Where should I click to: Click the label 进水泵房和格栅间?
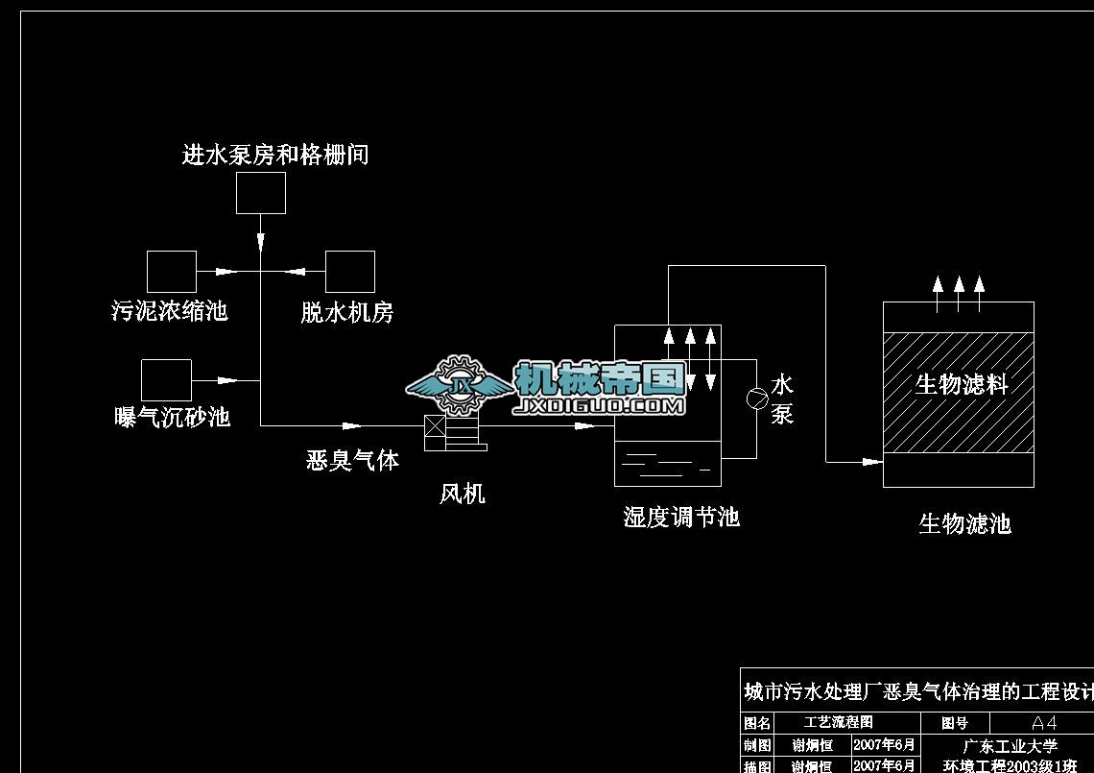275,155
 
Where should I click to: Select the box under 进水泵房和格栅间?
261,193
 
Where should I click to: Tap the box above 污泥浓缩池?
172,272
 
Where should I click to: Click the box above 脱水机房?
349,272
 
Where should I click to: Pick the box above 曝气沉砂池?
166,379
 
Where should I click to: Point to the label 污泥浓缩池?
170,311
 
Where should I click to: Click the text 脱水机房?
346,312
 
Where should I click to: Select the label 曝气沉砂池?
172,417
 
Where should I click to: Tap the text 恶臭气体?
352,460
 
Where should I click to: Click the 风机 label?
462,495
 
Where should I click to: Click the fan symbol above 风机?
453,431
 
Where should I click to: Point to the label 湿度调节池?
681,518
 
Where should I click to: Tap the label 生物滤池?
964,524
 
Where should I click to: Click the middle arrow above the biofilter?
959,285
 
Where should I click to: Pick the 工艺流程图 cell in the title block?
838,722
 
